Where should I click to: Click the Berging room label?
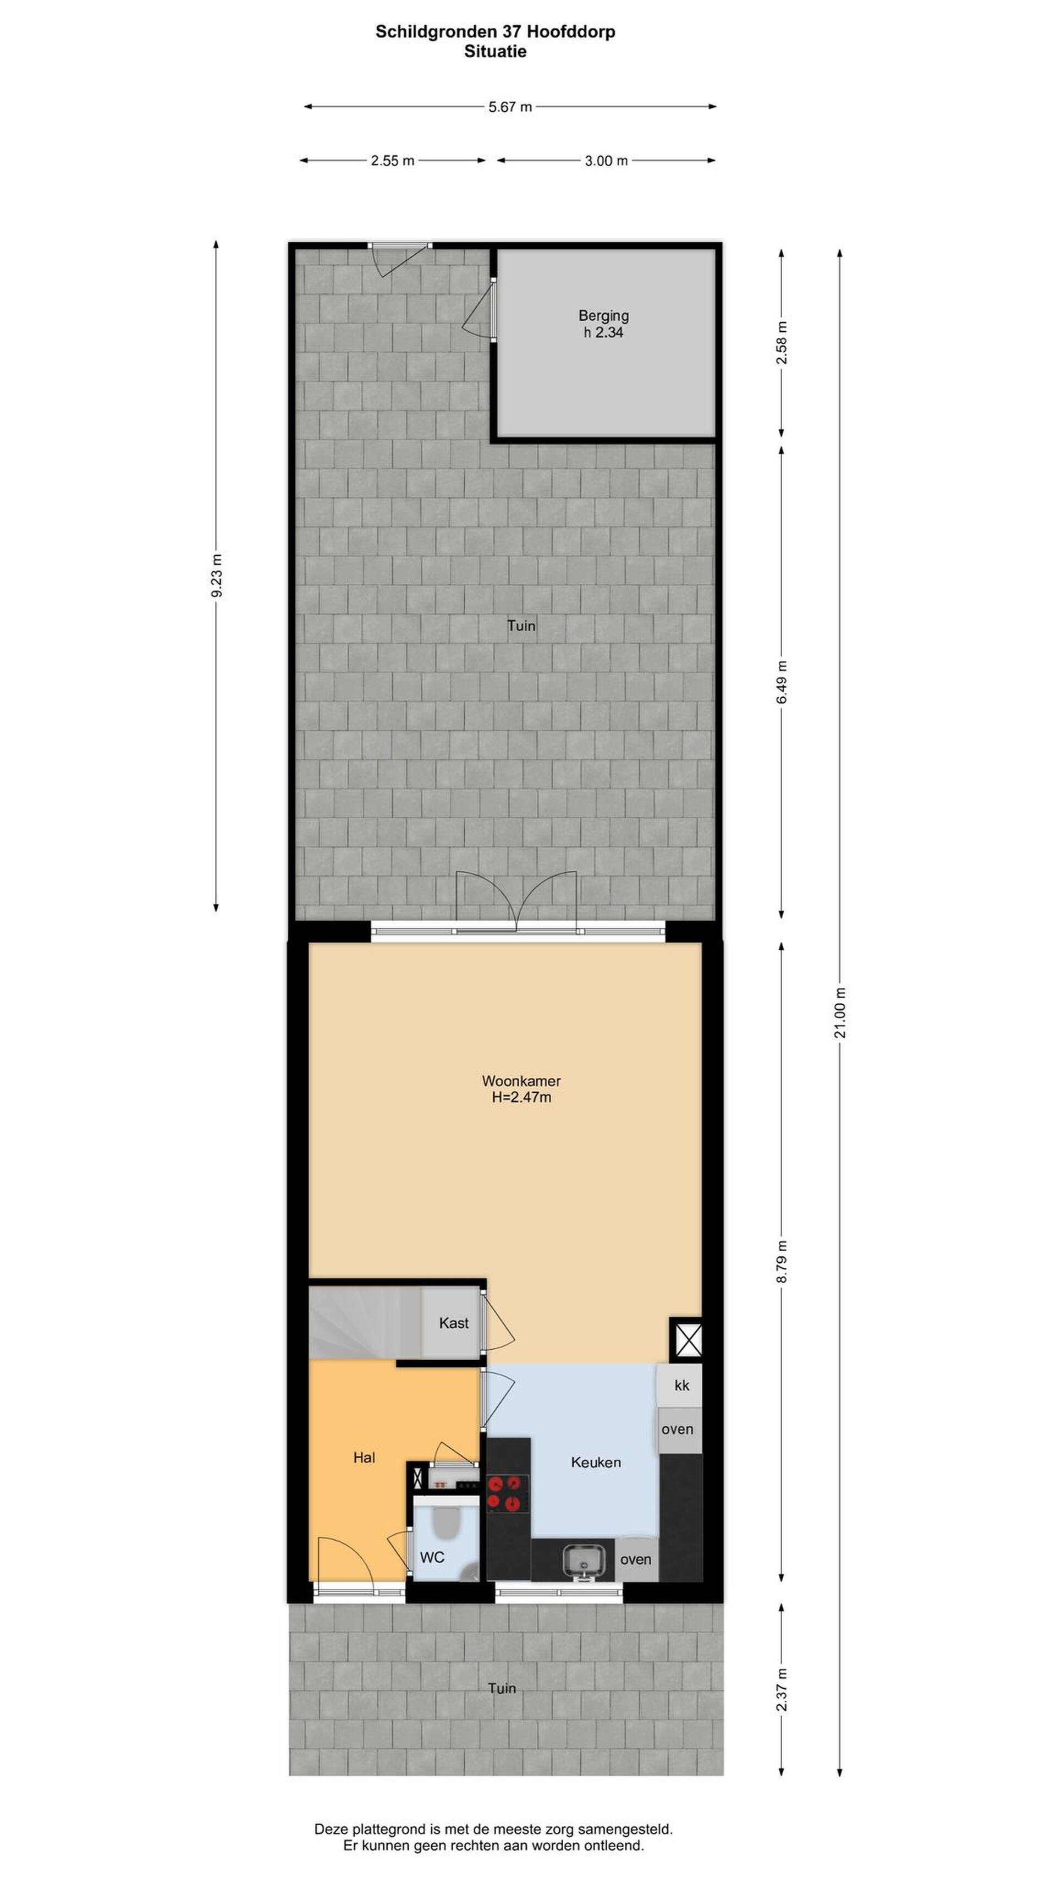click(603, 316)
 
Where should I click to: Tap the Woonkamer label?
click(521, 1081)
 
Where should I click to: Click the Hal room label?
click(364, 1458)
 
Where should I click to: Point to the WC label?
click(431, 1557)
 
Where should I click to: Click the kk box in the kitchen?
click(681, 1385)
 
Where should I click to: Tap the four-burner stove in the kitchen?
click(507, 1492)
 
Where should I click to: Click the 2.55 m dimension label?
click(392, 160)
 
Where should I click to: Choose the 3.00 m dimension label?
click(606, 160)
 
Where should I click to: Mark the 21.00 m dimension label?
click(840, 1012)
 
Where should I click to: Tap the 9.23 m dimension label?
click(217, 576)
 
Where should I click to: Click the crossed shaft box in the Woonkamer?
click(686, 1339)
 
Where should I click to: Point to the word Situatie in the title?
click(495, 51)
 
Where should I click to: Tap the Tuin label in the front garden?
click(502, 1688)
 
